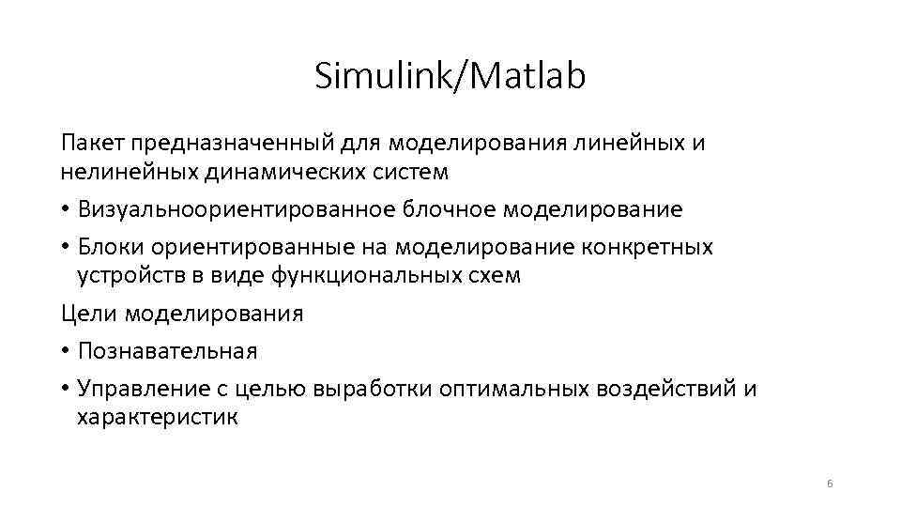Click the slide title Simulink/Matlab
(x=450, y=76)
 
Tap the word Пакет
(x=93, y=143)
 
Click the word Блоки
(x=111, y=247)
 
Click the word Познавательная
(x=167, y=351)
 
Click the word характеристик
(x=158, y=418)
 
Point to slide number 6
(x=830, y=483)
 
